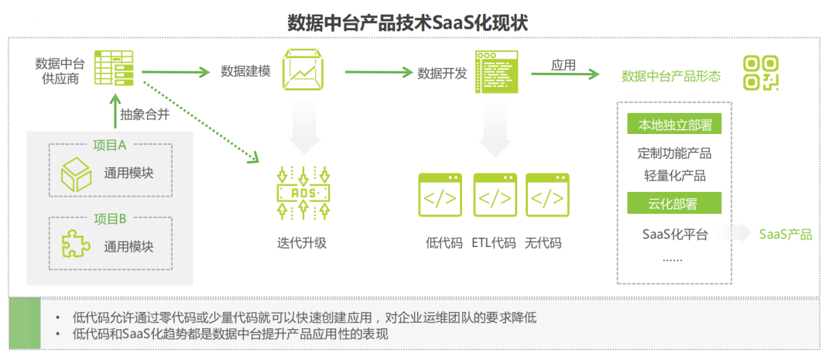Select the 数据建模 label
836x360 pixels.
pos(245,71)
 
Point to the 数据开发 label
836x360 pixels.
pos(442,73)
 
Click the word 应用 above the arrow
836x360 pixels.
pos(564,65)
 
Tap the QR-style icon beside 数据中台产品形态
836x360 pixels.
pos(761,73)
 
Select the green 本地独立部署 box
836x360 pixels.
pos(674,125)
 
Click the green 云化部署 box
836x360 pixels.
pos(674,204)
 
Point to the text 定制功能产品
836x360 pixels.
pos(674,153)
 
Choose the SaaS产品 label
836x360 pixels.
pos(785,234)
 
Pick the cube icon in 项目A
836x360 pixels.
pos(77,173)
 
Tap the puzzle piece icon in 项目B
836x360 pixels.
pos(77,245)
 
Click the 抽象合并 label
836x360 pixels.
pos(145,113)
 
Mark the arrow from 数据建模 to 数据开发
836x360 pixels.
pos(377,72)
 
